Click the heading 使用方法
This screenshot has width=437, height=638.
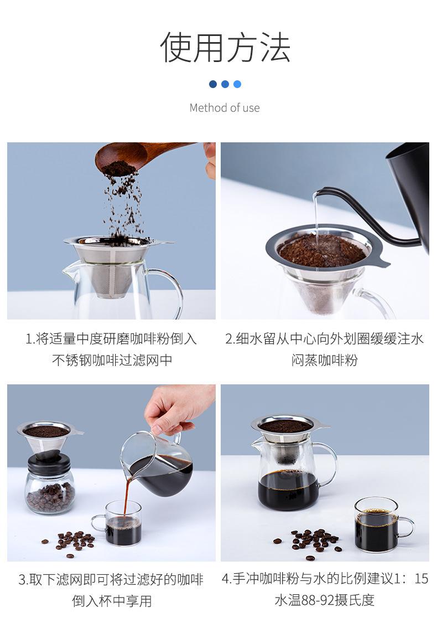225,48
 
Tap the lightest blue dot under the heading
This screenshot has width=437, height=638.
237,84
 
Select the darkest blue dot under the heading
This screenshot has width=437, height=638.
212,84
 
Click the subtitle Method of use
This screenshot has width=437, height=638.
225,108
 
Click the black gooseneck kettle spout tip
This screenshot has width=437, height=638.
318,191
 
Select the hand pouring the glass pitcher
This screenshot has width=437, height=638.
179,408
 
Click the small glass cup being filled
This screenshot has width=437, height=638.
121,523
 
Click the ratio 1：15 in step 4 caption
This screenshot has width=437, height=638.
411,579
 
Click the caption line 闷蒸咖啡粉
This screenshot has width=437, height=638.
324,360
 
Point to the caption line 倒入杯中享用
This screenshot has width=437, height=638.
112,601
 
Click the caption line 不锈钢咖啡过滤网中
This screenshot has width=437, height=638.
112,360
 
